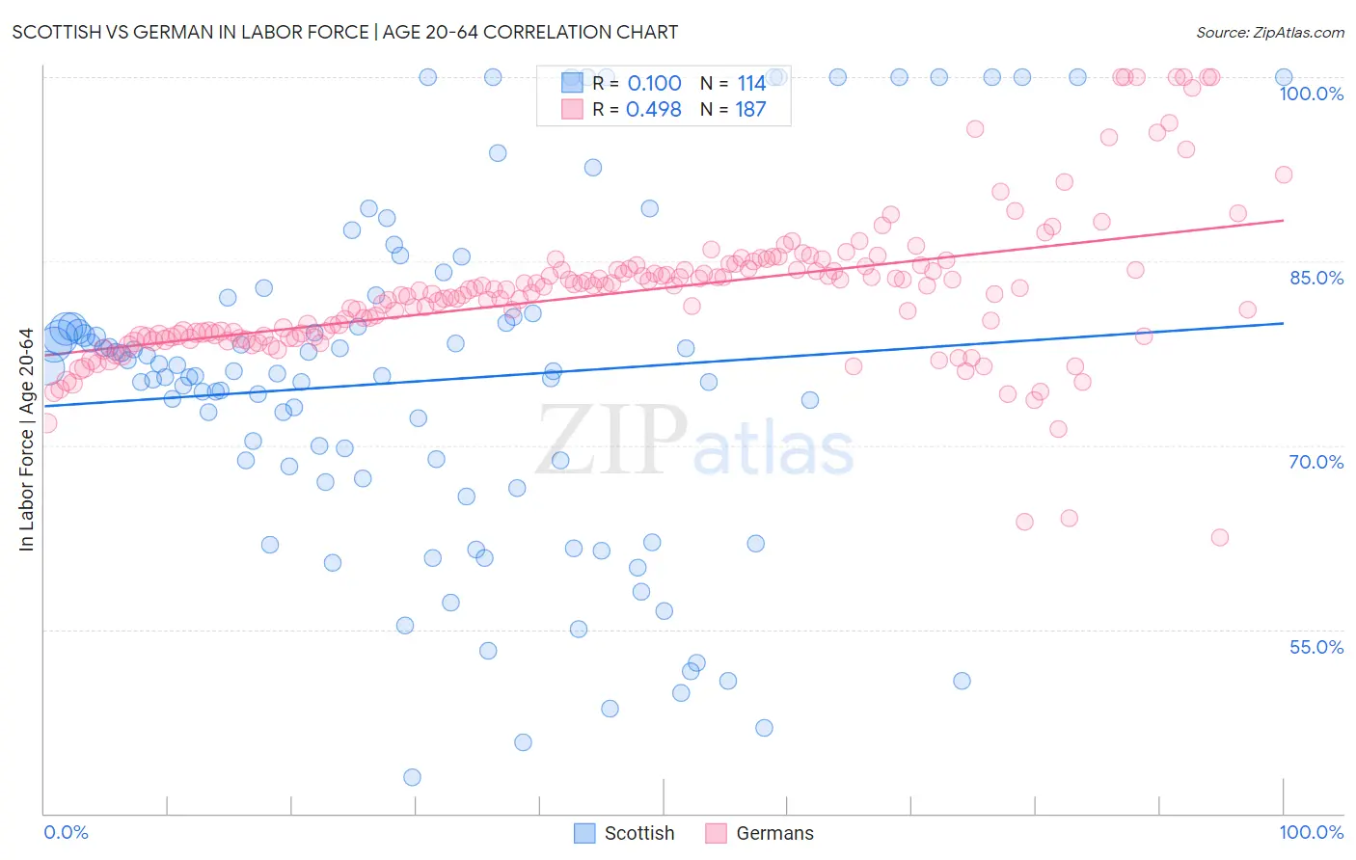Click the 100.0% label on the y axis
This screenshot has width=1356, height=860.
(1311, 94)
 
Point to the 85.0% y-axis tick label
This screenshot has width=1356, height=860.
(1316, 278)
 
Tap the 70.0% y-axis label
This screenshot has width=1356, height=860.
(1316, 462)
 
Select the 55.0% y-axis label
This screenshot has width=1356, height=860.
(1316, 647)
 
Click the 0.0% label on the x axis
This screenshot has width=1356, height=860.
(66, 832)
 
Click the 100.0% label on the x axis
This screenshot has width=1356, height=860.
(1311, 832)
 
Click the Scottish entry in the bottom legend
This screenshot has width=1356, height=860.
(638, 833)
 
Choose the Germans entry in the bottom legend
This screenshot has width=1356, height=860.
(773, 833)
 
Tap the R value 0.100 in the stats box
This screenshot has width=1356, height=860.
(654, 83)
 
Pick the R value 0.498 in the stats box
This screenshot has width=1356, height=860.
(654, 109)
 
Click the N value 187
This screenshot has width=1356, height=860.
(750, 109)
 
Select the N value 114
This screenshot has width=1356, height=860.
(750, 83)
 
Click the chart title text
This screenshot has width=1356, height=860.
(345, 32)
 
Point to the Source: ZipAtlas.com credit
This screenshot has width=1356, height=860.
(1269, 32)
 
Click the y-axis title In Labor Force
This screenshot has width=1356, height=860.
(26, 440)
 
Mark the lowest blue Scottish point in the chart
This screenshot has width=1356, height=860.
(412, 777)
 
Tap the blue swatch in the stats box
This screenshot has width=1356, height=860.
(572, 83)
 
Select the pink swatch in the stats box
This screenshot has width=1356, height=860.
(572, 109)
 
